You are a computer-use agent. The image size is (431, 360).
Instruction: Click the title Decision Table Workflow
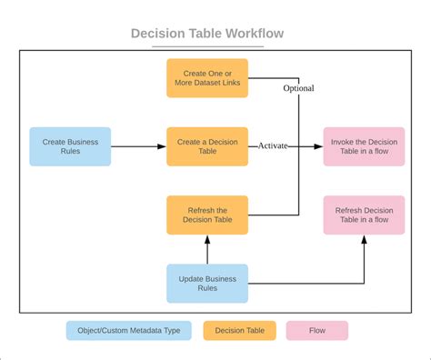(207, 34)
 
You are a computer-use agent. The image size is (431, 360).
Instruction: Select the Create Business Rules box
(70, 146)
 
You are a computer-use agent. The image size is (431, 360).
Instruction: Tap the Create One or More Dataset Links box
(207, 79)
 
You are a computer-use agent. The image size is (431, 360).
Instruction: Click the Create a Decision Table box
(207, 146)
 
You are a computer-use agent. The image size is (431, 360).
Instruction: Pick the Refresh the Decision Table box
(207, 215)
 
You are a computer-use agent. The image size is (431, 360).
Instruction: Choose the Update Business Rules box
(207, 283)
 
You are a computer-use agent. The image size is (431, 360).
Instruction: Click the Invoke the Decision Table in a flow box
(365, 146)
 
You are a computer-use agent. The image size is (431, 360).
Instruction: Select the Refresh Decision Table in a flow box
(365, 215)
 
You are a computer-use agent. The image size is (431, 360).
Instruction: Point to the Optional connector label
(298, 88)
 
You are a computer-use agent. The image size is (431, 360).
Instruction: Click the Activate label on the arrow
(274, 145)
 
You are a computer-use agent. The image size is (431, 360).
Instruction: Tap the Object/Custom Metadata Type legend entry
(128, 331)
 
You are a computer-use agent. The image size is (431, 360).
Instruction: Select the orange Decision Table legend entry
(238, 331)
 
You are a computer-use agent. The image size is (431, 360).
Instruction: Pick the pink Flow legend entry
(316, 331)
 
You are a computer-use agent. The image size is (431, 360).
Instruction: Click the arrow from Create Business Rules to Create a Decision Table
(138, 146)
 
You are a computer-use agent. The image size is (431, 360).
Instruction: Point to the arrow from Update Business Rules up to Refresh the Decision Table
(207, 249)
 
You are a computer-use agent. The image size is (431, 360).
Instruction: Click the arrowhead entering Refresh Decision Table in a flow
(365, 240)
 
